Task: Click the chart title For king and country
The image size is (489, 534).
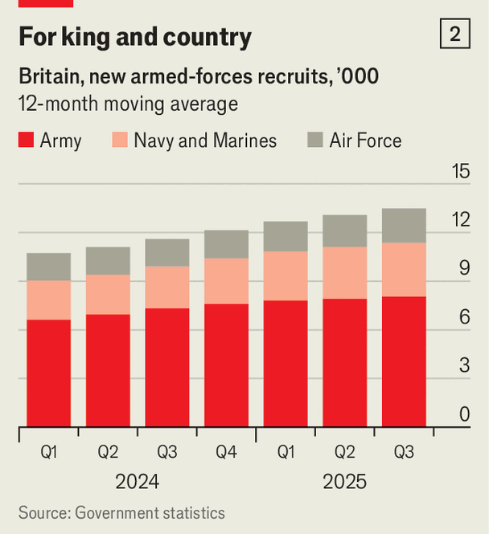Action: click(x=134, y=37)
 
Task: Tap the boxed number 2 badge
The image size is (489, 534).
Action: click(x=455, y=35)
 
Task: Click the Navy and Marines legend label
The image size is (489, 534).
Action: click(x=205, y=141)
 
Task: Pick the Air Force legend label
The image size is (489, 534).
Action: click(x=365, y=141)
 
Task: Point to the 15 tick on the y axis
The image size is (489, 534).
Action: click(x=460, y=171)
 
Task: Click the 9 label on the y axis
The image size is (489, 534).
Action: click(x=464, y=268)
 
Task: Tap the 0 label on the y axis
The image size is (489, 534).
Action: click(x=464, y=414)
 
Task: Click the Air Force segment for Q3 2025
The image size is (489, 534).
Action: click(x=404, y=226)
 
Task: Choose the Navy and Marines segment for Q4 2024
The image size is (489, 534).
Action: click(x=226, y=281)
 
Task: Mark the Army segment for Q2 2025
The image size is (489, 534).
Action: click(x=344, y=363)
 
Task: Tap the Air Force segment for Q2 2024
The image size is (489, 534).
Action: click(x=108, y=261)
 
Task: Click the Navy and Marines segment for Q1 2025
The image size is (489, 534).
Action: click(x=286, y=276)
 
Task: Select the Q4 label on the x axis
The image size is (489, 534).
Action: click(x=226, y=453)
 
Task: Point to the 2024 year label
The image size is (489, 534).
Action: click(x=137, y=482)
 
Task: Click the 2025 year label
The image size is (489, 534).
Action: click(x=344, y=482)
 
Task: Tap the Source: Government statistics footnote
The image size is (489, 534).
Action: click(x=122, y=512)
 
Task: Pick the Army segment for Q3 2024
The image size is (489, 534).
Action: click(x=167, y=368)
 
